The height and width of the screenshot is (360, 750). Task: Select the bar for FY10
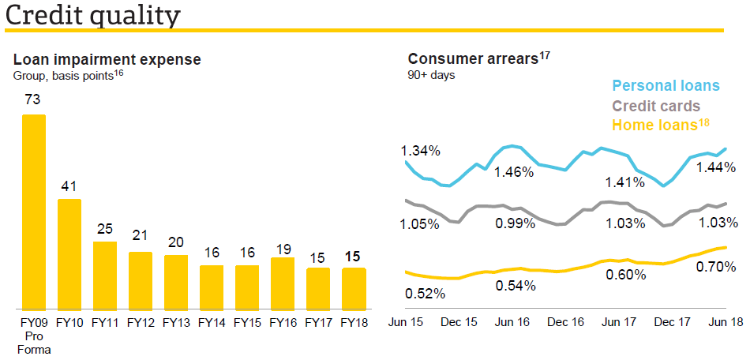(69, 253)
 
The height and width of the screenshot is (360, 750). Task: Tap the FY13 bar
(176, 282)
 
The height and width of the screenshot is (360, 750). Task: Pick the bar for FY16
(283, 283)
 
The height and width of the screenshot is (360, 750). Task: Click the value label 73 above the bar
(32, 100)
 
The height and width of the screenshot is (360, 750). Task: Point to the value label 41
(69, 186)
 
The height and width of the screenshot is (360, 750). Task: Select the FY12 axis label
(141, 322)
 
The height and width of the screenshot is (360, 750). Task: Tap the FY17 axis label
(318, 322)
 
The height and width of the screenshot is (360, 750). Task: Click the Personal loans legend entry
(666, 85)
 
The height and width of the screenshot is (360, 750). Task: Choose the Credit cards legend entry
(656, 106)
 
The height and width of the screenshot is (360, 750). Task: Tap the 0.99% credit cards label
(516, 223)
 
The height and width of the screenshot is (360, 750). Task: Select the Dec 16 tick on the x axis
(565, 322)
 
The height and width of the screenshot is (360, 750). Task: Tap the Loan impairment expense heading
(107, 59)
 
